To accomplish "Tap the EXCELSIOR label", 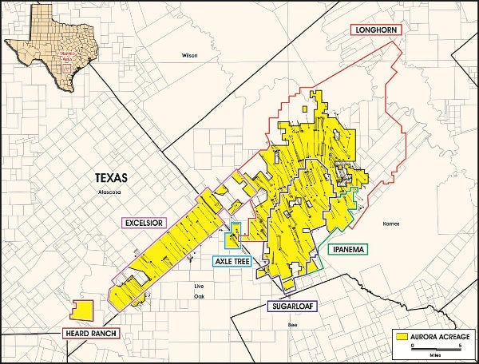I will pos(144,222).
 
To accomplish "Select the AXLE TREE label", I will pos(233,260).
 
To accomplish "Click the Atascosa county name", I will pos(109,192).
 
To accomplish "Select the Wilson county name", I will pos(189,56).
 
